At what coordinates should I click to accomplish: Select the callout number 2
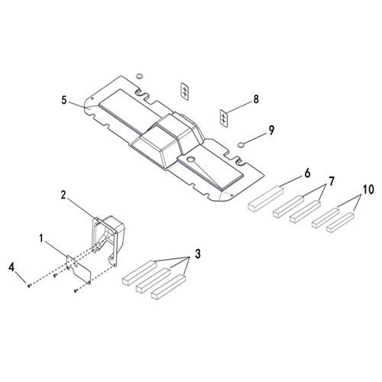click(x=64, y=196)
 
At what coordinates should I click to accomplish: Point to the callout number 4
click(x=11, y=267)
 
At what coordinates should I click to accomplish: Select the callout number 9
click(x=271, y=131)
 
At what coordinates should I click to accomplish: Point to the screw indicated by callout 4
click(x=28, y=285)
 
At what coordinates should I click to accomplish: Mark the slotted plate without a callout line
click(x=185, y=89)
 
